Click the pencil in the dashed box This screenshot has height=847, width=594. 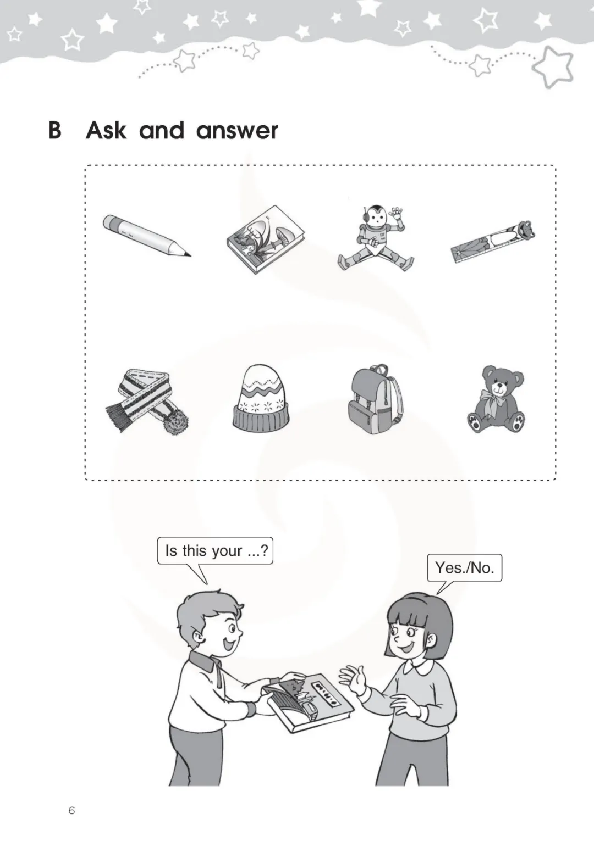[147, 236]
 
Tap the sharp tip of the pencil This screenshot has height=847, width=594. [190, 256]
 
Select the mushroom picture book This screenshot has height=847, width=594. [266, 239]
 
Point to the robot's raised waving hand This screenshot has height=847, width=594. [397, 215]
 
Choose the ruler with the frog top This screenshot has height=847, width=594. [493, 242]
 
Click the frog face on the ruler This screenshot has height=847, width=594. [526, 229]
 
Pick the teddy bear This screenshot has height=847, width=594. [496, 399]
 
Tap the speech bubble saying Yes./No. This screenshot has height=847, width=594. [464, 568]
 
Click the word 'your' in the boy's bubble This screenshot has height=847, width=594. [227, 551]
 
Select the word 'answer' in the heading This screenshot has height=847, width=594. [237, 131]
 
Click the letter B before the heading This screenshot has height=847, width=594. [55, 130]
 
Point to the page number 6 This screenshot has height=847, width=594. [71, 810]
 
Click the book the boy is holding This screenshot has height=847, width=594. [307, 703]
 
